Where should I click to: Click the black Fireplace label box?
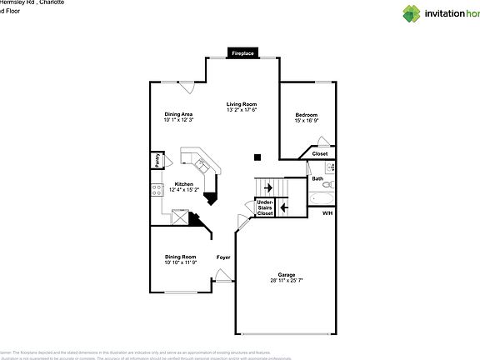(243, 53)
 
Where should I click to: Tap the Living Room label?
(242, 104)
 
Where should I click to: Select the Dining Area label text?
(178, 114)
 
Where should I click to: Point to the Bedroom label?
(307, 114)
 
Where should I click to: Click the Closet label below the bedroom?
(320, 153)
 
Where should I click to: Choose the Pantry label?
(156, 160)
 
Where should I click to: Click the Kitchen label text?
(183, 184)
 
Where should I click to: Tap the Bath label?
(317, 177)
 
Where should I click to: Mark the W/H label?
(327, 213)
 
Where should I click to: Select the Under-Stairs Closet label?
(265, 207)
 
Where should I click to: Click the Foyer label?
(223, 257)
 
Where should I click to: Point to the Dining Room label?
(180, 257)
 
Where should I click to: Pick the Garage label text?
(287, 274)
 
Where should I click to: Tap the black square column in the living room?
(257, 156)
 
